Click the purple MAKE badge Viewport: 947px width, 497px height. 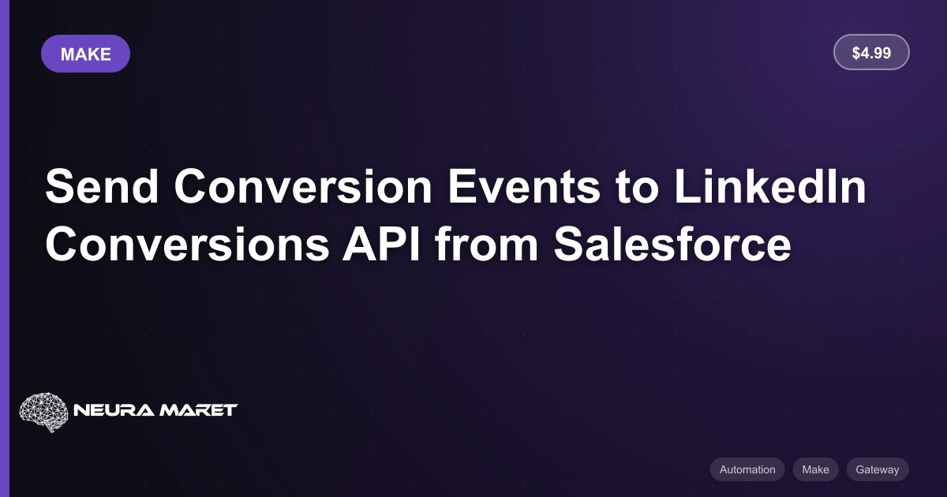click(x=85, y=54)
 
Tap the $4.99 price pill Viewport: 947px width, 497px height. click(x=871, y=52)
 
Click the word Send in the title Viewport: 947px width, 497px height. click(x=102, y=186)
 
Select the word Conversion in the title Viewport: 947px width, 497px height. click(x=303, y=186)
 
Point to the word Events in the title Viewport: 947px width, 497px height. click(x=524, y=186)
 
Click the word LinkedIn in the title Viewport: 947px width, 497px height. click(x=770, y=186)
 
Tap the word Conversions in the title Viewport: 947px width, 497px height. click(x=187, y=245)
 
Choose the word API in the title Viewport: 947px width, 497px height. click(x=381, y=245)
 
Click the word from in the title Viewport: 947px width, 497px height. click(x=487, y=244)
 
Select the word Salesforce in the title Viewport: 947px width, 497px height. click(x=672, y=245)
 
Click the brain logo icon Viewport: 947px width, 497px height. click(x=44, y=412)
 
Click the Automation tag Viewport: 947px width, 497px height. click(x=747, y=469)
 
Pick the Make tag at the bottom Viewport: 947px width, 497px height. click(x=815, y=469)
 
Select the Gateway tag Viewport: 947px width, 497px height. click(x=878, y=469)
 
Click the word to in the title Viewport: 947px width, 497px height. click(x=637, y=187)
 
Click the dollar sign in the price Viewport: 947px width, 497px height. click(x=856, y=53)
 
